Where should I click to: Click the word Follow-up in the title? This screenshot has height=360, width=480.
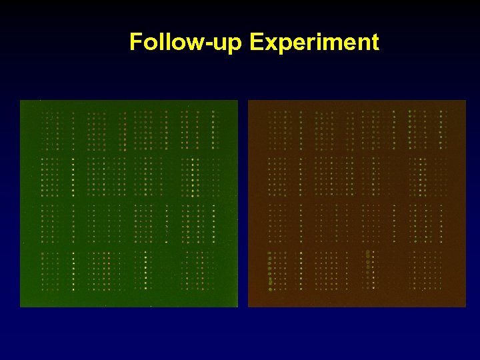(x=187, y=43)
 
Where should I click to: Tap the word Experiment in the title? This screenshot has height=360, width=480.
(x=314, y=43)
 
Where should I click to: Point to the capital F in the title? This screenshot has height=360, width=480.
(x=136, y=42)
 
